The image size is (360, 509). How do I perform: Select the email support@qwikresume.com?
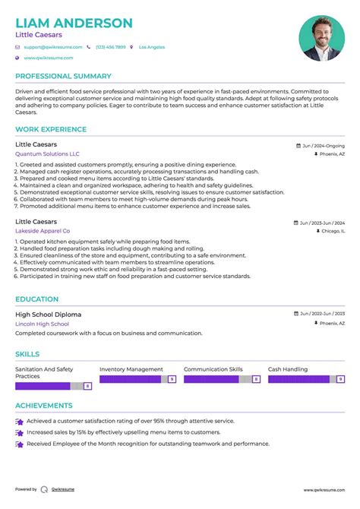click(x=49, y=47)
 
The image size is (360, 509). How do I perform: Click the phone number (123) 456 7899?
click(x=110, y=47)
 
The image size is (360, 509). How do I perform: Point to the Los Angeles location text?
click(x=151, y=47)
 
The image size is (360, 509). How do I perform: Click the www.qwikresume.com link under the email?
click(x=48, y=58)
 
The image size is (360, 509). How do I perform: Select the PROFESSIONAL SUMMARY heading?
click(x=63, y=76)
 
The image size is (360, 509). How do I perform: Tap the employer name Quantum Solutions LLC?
click(x=47, y=153)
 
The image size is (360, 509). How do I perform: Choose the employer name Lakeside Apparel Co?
click(x=43, y=230)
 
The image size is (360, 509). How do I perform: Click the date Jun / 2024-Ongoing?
click(x=322, y=145)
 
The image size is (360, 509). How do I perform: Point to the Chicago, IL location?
click(x=331, y=230)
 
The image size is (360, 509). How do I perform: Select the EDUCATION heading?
click(x=37, y=299)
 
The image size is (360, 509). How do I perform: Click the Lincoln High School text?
click(x=42, y=324)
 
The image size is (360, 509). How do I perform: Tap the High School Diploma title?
click(x=48, y=314)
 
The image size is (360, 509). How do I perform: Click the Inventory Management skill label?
click(x=131, y=369)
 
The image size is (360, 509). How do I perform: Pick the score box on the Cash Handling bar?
click(x=339, y=378)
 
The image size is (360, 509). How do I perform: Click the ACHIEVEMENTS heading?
click(x=43, y=406)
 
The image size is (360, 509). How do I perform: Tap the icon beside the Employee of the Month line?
click(x=19, y=444)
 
